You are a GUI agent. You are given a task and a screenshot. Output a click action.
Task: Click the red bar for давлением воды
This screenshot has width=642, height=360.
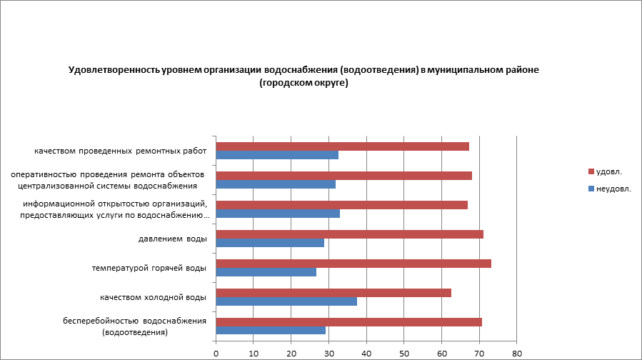click(349, 234)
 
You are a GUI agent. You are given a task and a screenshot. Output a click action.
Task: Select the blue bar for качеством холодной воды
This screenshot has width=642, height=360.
click(286, 301)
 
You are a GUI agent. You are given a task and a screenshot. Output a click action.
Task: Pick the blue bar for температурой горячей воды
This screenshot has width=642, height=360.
click(266, 272)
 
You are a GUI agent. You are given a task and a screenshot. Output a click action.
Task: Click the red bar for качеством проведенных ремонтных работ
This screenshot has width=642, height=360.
click(342, 146)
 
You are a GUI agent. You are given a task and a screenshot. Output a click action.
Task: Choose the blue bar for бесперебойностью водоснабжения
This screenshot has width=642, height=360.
click(271, 331)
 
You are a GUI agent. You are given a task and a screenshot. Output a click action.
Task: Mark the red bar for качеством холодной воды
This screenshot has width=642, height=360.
click(333, 293)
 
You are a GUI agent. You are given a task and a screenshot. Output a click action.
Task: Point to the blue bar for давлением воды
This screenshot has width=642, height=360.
click(270, 243)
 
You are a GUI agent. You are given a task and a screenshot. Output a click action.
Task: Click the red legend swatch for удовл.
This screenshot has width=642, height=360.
click(591, 171)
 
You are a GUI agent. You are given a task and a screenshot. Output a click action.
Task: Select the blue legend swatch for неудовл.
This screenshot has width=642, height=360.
click(591, 189)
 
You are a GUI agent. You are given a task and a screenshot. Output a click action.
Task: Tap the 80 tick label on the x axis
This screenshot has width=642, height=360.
click(517, 353)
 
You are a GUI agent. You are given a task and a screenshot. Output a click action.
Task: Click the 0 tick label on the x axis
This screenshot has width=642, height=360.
click(216, 353)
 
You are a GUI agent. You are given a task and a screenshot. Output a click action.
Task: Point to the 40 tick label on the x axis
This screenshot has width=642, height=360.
click(366, 353)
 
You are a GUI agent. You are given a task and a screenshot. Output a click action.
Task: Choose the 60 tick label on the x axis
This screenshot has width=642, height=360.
click(441, 353)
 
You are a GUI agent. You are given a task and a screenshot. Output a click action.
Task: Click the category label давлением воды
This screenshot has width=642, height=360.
click(172, 239)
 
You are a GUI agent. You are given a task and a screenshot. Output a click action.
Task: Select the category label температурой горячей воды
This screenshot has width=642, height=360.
click(149, 268)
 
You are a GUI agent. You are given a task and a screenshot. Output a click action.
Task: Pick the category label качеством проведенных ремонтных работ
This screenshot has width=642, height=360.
click(120, 151)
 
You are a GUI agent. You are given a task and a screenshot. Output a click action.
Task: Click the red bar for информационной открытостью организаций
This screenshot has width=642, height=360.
click(341, 205)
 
